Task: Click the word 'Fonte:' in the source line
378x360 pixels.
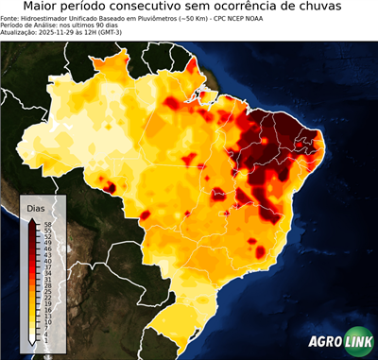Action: tap(11, 18)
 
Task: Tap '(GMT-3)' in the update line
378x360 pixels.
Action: tap(125, 31)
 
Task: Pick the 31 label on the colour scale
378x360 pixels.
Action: tap(45, 279)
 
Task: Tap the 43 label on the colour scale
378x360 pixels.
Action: tap(45, 255)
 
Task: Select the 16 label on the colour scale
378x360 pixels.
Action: tap(45, 308)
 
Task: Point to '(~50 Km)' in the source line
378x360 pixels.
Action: tap(177, 18)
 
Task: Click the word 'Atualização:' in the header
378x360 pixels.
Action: tap(20, 31)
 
